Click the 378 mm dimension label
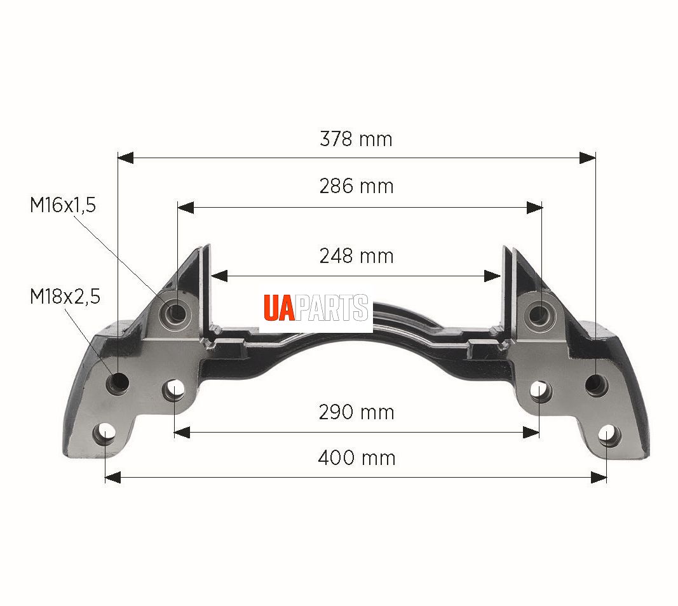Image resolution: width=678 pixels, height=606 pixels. click(x=356, y=140)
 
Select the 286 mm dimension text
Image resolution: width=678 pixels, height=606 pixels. click(x=356, y=186)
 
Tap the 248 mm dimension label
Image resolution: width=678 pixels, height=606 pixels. click(x=356, y=257)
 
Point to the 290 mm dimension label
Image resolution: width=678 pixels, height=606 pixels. click(x=356, y=412)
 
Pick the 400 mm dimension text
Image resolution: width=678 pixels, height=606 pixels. click(x=356, y=458)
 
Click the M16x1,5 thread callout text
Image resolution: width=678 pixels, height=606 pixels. click(x=63, y=205)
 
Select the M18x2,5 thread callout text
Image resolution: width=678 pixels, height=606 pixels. click(x=65, y=297)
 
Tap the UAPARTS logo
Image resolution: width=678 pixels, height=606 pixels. click(x=316, y=307)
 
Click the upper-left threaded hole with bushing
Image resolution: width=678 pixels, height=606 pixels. click(x=176, y=311)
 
